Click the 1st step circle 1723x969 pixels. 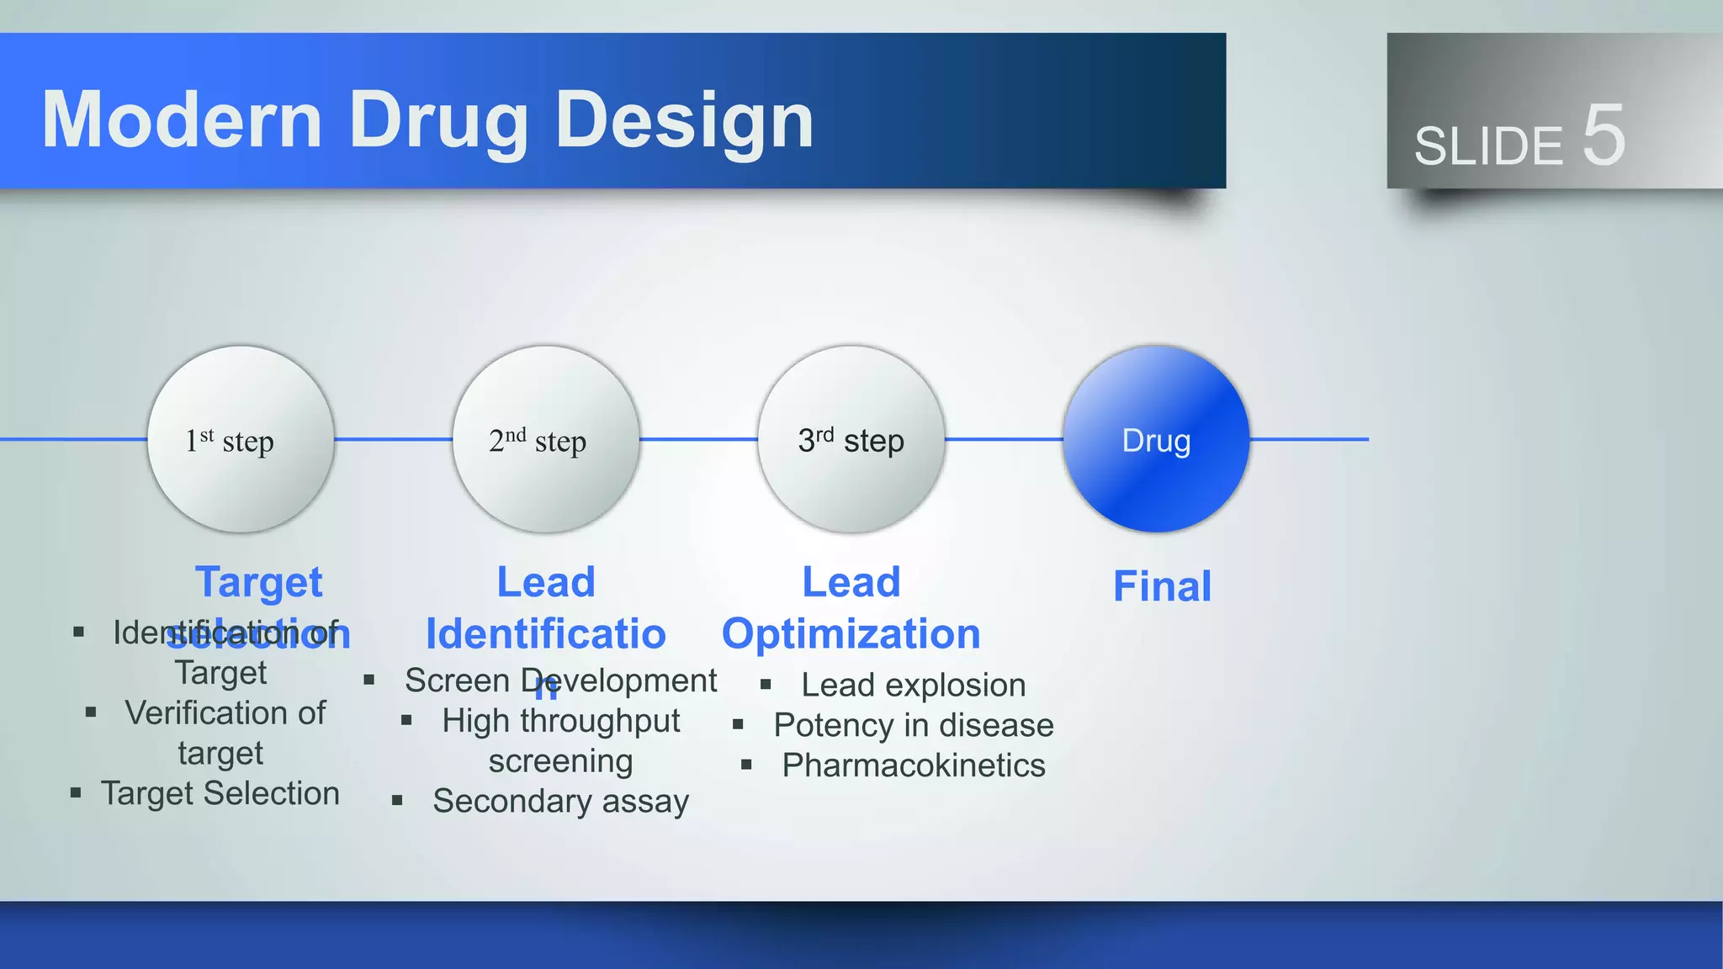(x=241, y=439)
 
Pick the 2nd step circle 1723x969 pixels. (x=546, y=439)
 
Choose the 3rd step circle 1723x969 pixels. (x=851, y=439)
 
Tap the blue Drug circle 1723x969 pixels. (x=1156, y=439)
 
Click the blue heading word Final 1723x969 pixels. (x=1162, y=586)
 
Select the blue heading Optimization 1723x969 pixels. (x=851, y=633)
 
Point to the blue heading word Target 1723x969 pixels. (x=258, y=582)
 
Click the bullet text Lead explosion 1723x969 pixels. (x=913, y=685)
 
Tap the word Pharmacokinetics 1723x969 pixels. (x=913, y=765)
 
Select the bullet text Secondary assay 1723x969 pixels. (x=560, y=801)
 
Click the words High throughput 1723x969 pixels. (x=560, y=721)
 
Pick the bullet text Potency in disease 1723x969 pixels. (x=913, y=725)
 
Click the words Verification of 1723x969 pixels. (x=225, y=713)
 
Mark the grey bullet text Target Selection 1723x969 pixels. (x=220, y=793)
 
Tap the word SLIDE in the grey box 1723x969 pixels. (x=1487, y=146)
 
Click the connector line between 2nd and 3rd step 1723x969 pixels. (x=698, y=439)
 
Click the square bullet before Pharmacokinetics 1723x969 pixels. (x=746, y=765)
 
